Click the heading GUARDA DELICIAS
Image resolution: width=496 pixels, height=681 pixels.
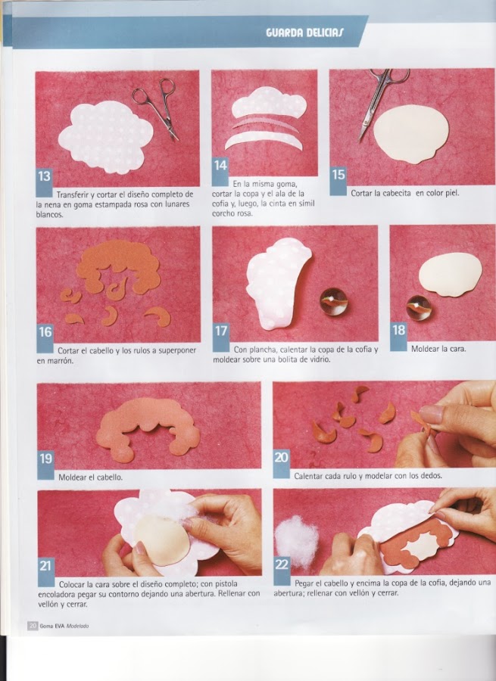304,33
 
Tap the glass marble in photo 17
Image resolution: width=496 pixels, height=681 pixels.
333,301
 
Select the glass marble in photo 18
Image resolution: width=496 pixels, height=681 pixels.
419,307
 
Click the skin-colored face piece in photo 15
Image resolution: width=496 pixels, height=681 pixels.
410,134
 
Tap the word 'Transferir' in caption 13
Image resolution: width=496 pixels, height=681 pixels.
72,194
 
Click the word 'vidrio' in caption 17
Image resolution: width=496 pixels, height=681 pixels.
320,359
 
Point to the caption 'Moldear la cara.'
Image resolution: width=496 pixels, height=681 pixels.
438,349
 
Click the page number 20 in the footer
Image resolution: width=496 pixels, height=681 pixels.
33,626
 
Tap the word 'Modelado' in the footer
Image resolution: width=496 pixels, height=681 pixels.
77,627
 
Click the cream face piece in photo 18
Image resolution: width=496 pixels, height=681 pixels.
451,275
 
